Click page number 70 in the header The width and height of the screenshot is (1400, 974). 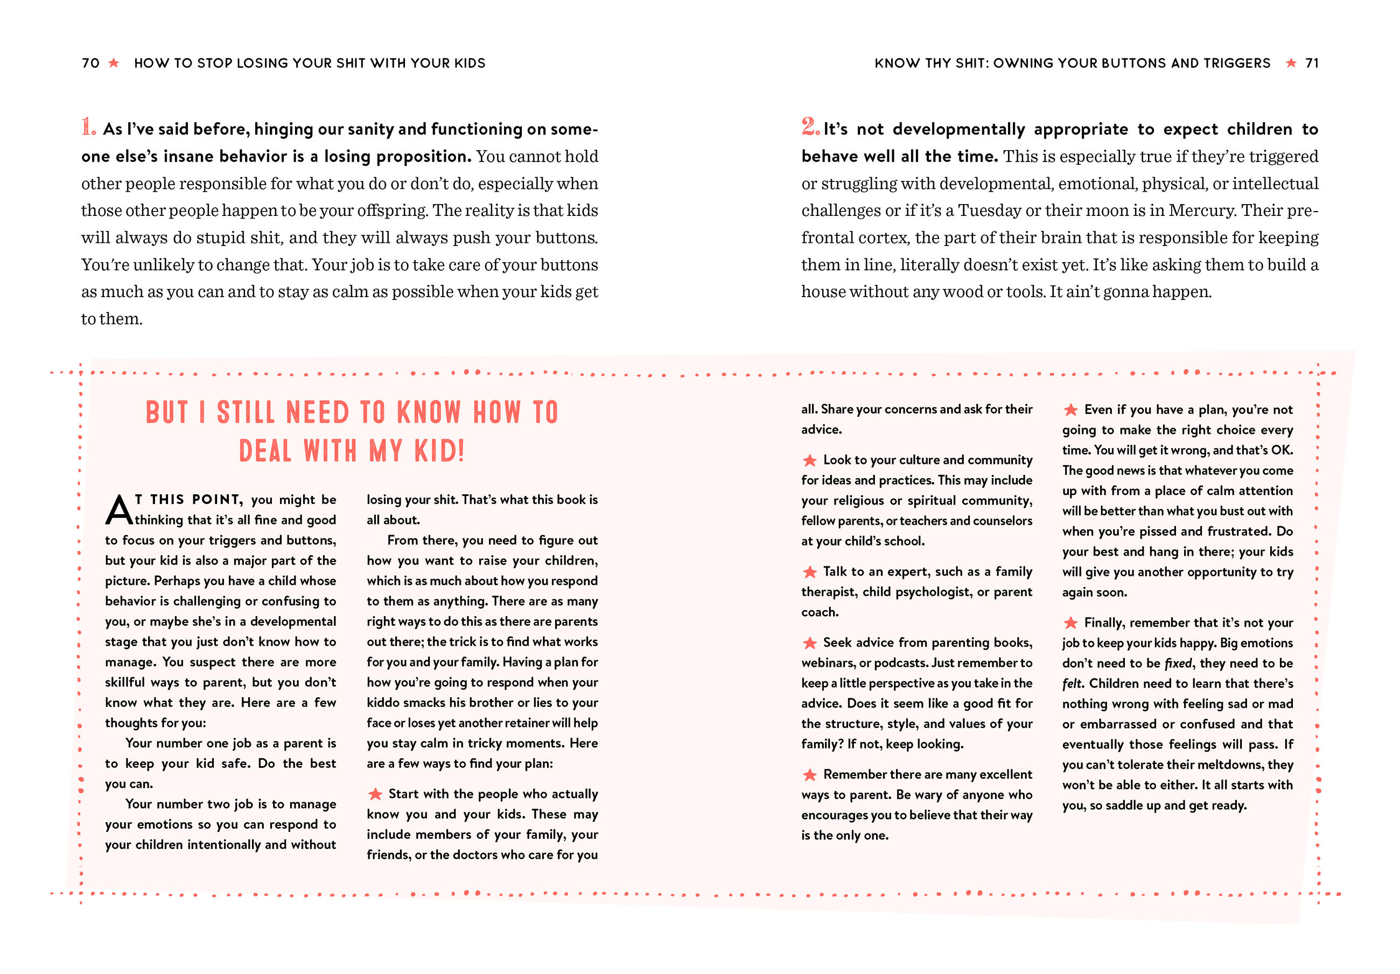[x=90, y=64]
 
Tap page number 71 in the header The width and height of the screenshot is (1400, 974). [x=1312, y=64]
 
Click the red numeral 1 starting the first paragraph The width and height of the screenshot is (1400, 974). [x=88, y=128]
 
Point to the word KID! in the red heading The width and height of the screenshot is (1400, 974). [x=439, y=451]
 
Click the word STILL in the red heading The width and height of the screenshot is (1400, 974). [x=246, y=413]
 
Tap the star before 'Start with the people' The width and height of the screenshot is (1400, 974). [x=375, y=794]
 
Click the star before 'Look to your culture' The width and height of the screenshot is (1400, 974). [x=809, y=460]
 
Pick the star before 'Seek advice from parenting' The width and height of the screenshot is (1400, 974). [x=809, y=643]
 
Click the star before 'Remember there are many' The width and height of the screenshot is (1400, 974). [x=809, y=775]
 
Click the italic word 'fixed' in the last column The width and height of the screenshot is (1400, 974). [x=1178, y=663]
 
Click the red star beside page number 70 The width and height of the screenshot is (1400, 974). [x=114, y=63]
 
